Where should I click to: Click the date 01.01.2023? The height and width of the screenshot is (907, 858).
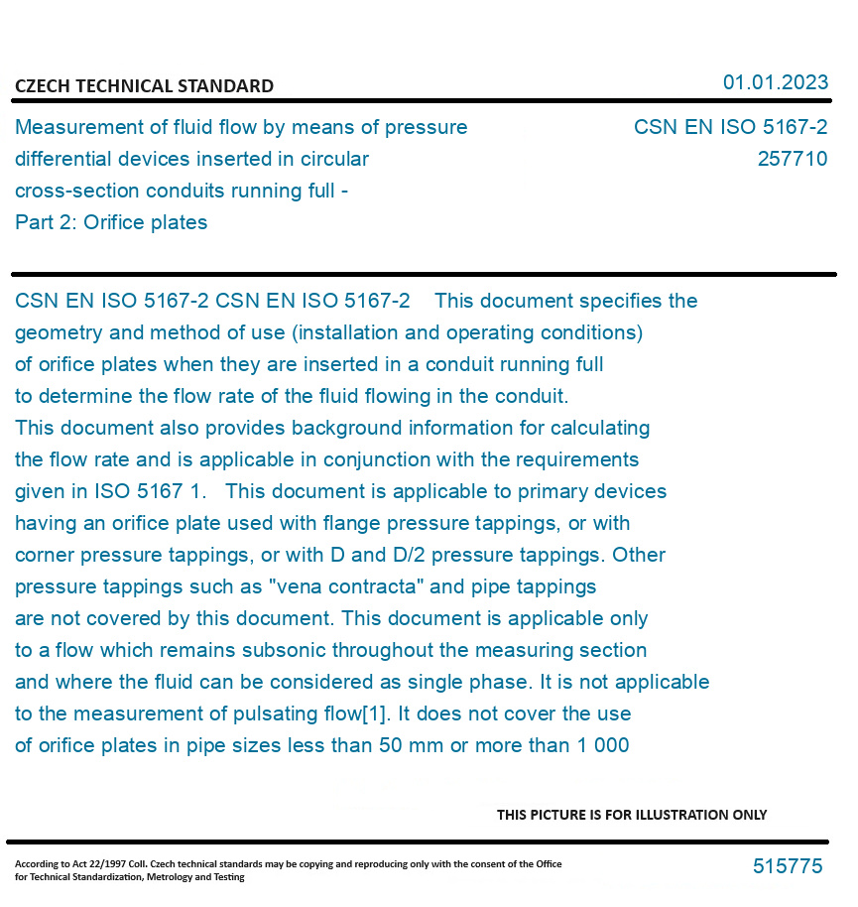click(x=775, y=82)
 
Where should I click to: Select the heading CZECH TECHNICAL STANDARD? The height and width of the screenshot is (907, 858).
click(x=144, y=86)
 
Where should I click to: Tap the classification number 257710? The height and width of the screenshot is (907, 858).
click(x=792, y=159)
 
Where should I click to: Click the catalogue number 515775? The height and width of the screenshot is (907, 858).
click(x=788, y=866)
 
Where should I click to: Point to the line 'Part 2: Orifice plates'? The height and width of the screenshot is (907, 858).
click(x=111, y=222)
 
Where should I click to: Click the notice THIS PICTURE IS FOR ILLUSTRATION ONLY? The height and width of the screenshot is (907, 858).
click(x=632, y=815)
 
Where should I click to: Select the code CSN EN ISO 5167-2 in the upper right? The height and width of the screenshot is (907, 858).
click(x=730, y=127)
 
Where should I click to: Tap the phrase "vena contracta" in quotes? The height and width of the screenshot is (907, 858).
click(x=344, y=586)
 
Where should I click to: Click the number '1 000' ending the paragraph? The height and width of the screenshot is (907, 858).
click(x=602, y=745)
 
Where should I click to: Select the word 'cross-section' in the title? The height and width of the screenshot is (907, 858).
click(x=77, y=191)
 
